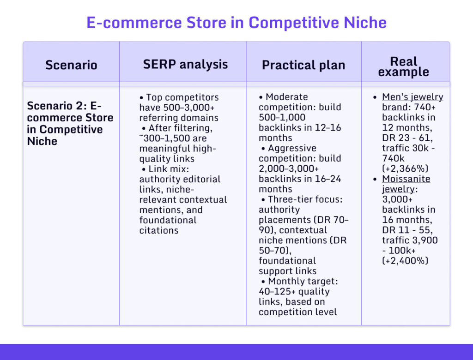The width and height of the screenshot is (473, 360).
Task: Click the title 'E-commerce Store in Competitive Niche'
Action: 236,23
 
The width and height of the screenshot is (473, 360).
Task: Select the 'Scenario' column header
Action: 71,65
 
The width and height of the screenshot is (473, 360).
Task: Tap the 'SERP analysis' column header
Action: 185,64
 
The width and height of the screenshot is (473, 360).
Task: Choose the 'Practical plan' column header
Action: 303,65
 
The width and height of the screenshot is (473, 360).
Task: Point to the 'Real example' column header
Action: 403,66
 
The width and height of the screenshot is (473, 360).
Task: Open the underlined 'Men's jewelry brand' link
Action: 412,102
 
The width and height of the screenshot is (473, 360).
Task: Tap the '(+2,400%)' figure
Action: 405,260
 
